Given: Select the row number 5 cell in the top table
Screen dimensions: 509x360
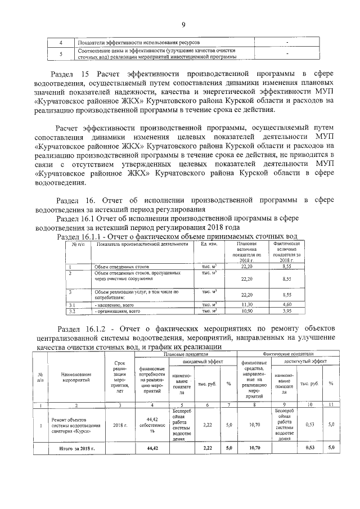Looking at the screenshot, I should point(61,53).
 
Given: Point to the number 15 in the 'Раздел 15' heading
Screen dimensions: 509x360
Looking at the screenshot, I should point(85,74).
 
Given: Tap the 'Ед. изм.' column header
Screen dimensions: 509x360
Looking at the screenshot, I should point(209,244).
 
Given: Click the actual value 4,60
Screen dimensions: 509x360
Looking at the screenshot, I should point(286,304).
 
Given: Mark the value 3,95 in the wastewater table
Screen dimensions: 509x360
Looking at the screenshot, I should point(286,310).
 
